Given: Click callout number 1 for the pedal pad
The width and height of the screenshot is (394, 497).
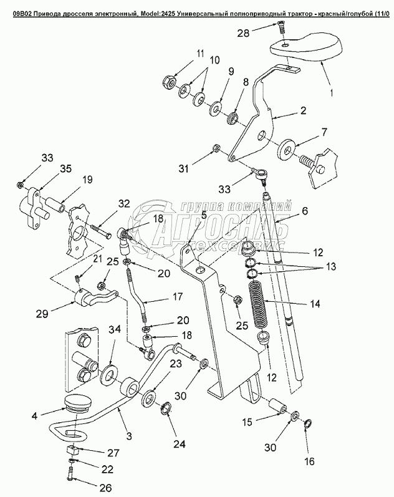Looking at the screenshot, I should tap(331, 93).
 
